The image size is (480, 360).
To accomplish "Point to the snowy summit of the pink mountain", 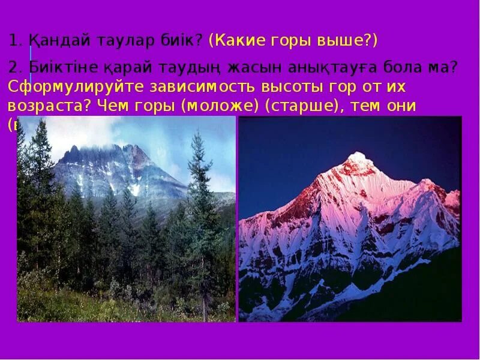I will coord(358,157).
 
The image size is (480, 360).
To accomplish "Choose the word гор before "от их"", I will coord(344,87).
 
